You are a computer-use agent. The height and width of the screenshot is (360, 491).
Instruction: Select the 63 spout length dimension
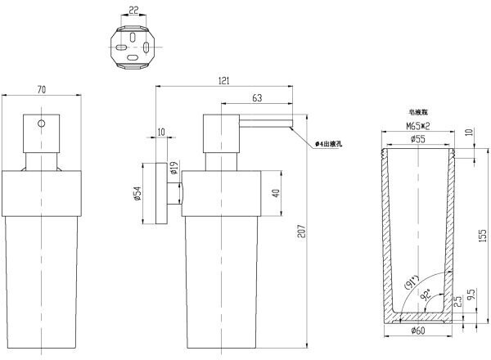(256, 98)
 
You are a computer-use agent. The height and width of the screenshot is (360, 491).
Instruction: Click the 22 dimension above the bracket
(133, 11)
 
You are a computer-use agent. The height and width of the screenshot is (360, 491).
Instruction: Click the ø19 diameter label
(173, 171)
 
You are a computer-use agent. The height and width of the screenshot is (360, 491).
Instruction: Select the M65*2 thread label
(418, 126)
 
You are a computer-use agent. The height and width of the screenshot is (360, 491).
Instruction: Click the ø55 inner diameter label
(418, 139)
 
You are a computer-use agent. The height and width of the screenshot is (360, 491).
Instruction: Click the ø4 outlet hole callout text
(330, 144)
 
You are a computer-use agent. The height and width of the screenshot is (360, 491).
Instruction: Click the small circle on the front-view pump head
(42, 125)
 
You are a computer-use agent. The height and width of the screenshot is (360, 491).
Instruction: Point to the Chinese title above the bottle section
(417, 113)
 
